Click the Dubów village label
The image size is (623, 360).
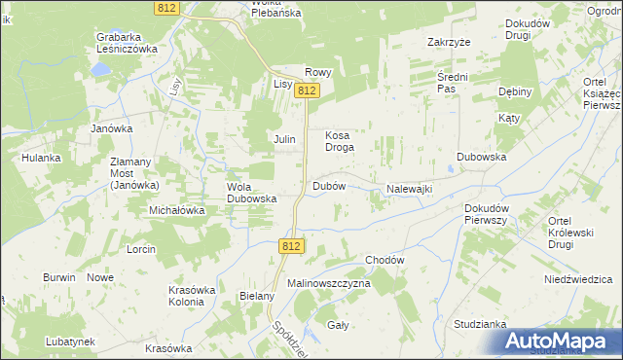coord(329,185)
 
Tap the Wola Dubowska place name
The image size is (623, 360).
coord(252,192)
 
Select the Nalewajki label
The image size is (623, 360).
coord(409,188)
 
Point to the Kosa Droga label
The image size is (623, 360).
coord(338,141)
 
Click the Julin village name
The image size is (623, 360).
coord(284,140)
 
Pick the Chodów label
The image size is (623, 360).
coord(385,260)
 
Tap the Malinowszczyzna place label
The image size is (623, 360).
coord(329,282)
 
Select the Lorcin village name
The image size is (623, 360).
coord(141,249)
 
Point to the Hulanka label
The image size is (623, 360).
coord(42,158)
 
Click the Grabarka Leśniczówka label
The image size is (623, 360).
coord(127,43)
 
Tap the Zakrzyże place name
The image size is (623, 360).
coord(449,43)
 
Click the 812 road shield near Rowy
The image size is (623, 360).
coord(308,90)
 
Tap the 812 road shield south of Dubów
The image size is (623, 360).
coord(290,247)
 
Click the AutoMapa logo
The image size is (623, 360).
coord(561,341)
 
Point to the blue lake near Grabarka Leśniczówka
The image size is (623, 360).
coord(100,71)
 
